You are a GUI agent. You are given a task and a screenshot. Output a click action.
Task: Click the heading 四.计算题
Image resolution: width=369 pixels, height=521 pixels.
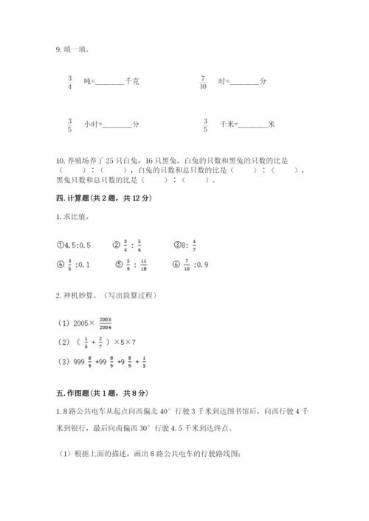coord(103,199)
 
